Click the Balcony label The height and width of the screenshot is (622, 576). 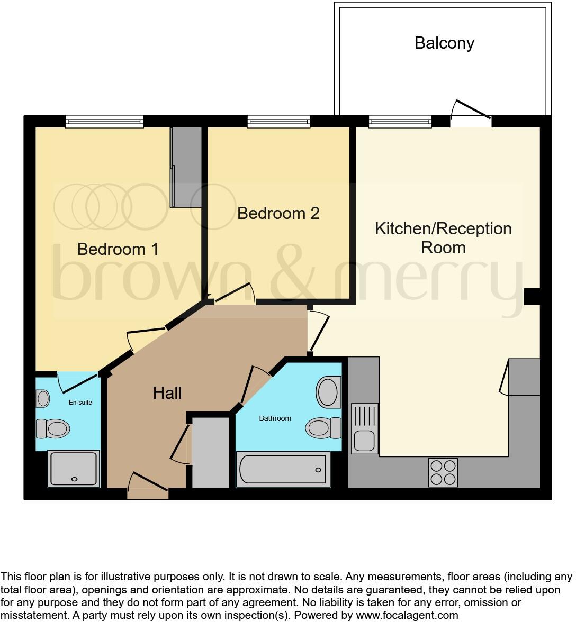tap(444, 43)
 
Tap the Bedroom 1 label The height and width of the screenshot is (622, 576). tap(118, 249)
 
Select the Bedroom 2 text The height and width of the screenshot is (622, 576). tap(278, 213)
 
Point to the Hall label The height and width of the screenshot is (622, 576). tap(167, 393)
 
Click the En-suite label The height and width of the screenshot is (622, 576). tap(80, 403)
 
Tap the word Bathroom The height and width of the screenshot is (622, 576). tap(275, 418)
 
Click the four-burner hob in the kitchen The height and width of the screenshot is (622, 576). tap(443, 472)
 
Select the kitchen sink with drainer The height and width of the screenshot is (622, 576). tap(365, 428)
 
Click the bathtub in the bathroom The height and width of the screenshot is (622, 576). tap(283, 469)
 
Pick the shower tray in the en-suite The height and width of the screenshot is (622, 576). tap(74, 468)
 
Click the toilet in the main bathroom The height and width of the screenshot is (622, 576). tap(323, 427)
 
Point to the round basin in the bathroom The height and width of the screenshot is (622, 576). tap(328, 392)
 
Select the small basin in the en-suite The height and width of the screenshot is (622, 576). tap(43, 397)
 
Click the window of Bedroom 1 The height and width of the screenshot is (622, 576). tap(104, 122)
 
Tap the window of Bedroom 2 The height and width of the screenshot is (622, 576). tap(278, 122)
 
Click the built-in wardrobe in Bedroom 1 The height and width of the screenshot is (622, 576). tap(186, 167)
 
